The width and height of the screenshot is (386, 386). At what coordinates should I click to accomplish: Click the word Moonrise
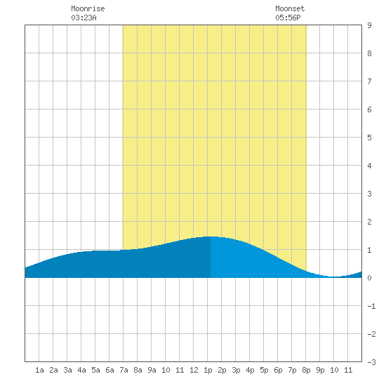(88, 8)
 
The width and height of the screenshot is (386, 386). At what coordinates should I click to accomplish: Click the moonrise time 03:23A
(84, 18)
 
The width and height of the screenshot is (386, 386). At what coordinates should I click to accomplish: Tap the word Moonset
(290, 8)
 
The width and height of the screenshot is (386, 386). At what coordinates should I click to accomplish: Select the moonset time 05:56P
(288, 18)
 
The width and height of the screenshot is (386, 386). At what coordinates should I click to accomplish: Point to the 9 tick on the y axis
(369, 25)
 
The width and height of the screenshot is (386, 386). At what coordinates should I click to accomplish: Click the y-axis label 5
(369, 138)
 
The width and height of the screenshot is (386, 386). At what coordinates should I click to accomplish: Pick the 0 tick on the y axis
(369, 278)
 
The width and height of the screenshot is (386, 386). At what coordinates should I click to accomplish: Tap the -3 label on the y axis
(371, 362)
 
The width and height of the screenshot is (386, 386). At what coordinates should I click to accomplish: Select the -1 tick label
(371, 306)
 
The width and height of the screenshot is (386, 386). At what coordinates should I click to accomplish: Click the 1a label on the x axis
(39, 370)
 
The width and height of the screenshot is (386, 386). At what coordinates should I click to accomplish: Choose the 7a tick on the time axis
(124, 370)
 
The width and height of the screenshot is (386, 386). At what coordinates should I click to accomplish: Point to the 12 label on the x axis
(194, 370)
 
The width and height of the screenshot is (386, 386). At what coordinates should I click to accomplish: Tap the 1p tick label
(208, 370)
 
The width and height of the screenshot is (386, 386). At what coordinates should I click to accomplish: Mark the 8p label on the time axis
(306, 370)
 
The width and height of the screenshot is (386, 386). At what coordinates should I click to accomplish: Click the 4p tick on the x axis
(250, 370)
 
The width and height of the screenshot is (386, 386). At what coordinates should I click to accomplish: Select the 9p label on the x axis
(320, 370)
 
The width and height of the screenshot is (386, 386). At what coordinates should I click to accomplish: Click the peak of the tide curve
(211, 237)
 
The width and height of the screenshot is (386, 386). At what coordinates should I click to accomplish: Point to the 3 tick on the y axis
(369, 194)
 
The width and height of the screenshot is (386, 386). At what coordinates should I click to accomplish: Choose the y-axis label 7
(369, 81)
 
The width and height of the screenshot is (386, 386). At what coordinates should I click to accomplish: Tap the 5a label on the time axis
(95, 370)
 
